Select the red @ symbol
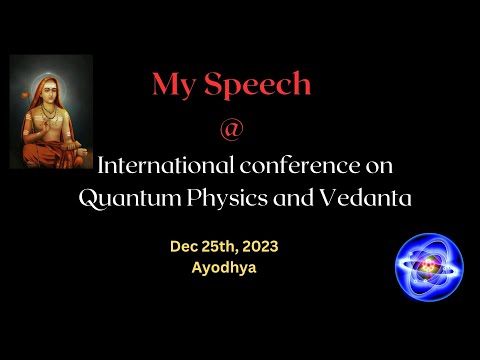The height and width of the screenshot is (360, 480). coord(238,130)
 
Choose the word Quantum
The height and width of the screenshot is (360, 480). coord(126,198)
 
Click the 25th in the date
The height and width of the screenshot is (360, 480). coord(221,246)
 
